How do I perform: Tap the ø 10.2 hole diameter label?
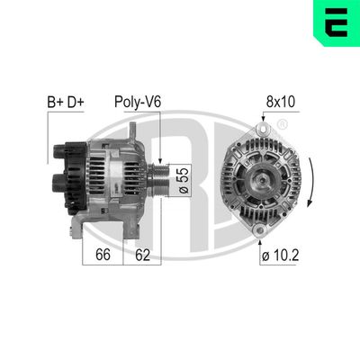coord(281,255)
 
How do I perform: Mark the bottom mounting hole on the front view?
coord(261,232)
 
